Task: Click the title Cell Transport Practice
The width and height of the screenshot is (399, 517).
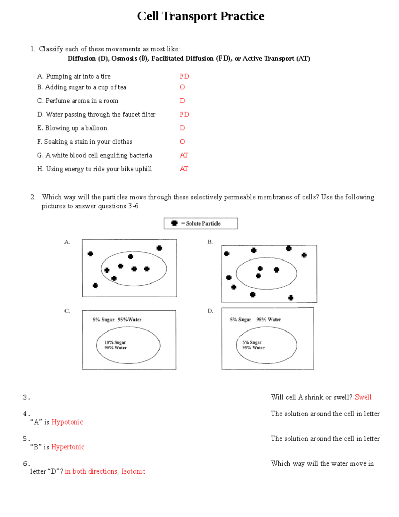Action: tap(200, 16)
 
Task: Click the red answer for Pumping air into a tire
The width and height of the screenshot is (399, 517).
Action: tap(184, 76)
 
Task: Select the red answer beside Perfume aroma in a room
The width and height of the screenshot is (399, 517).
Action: tap(182, 101)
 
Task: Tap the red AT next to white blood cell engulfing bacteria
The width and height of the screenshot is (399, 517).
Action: tap(184, 155)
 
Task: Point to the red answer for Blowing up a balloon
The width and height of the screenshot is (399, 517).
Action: tap(182, 128)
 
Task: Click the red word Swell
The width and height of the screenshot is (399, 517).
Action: tap(363, 397)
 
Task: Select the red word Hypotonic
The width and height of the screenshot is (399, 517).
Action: tap(67, 422)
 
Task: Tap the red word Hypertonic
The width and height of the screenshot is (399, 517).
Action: tap(67, 447)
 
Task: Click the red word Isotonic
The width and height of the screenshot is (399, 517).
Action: tap(133, 471)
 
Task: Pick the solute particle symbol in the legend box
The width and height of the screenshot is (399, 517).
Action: tap(174, 223)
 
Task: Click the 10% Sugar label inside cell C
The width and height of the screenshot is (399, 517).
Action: tap(115, 342)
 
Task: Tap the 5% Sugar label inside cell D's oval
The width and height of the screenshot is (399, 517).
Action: tap(252, 342)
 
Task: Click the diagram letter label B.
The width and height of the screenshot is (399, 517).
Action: tap(210, 242)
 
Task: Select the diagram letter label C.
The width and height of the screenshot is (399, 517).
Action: tap(67, 311)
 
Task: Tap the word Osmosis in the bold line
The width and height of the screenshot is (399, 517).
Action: tap(124, 59)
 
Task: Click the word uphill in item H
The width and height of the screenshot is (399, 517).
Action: tap(143, 169)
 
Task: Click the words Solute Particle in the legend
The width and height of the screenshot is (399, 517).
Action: tap(203, 224)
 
